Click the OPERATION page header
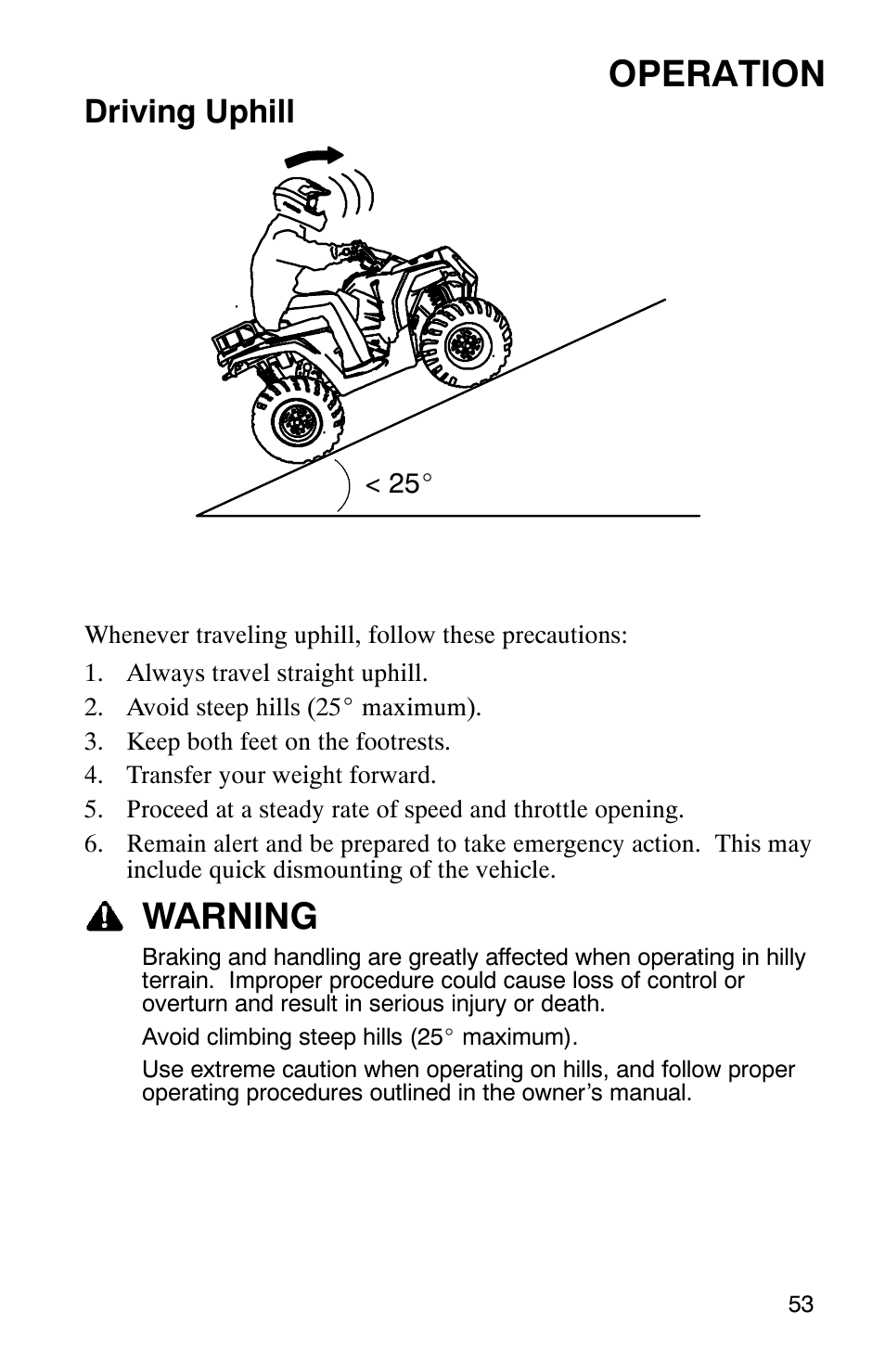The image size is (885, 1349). pos(716,74)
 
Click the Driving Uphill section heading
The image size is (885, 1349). pos(189,113)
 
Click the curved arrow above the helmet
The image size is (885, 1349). pos(315,158)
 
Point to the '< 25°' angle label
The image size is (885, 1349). pos(399,483)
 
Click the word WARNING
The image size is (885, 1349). pos(231,917)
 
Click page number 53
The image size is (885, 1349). pos(801,1304)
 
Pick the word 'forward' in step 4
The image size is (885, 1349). pos(397,775)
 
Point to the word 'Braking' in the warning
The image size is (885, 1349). pos(178,957)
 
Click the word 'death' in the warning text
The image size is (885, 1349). pos(576,1004)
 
